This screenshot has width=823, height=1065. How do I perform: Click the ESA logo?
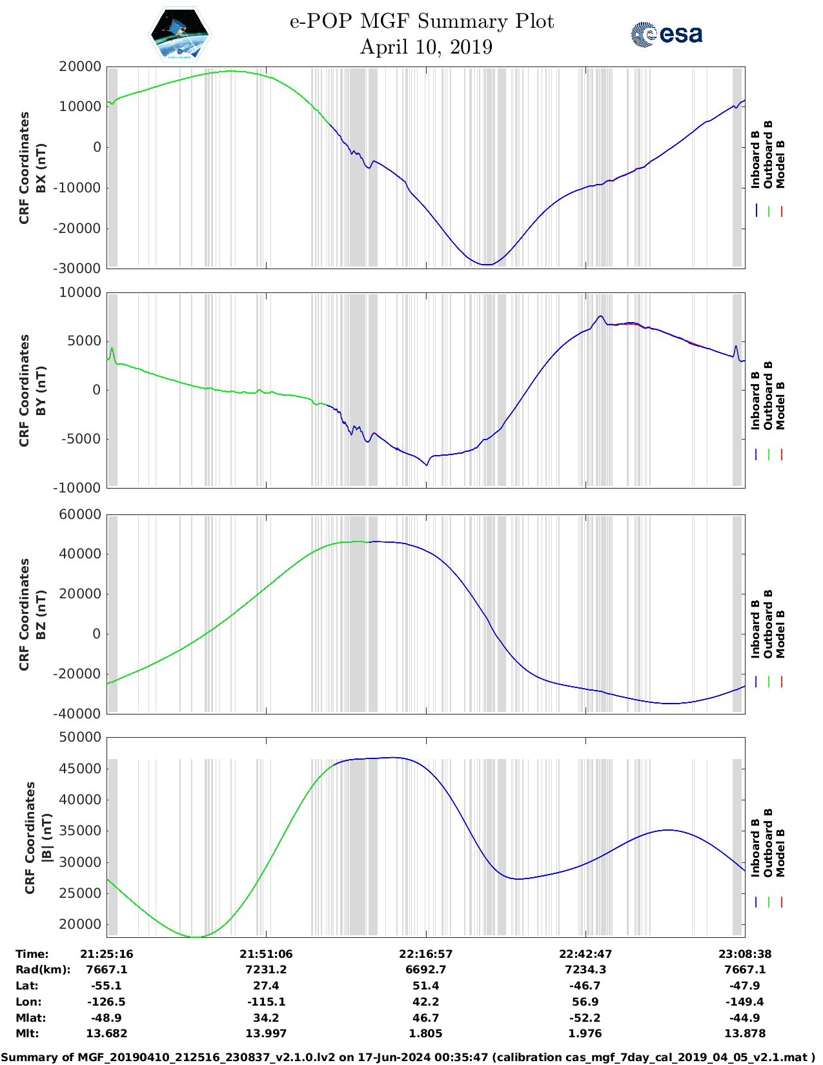[x=666, y=34]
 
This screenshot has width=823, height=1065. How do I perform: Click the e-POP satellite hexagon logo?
[x=179, y=34]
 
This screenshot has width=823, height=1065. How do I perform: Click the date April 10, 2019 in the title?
[x=426, y=47]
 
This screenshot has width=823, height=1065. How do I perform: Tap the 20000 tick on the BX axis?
[x=80, y=66]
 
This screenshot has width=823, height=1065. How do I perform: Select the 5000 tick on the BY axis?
[x=86, y=341]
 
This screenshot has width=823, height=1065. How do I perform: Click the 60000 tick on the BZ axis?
[x=80, y=514]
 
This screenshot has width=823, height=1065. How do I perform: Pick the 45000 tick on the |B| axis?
[x=80, y=768]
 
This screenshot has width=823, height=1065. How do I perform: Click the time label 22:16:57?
[x=425, y=954]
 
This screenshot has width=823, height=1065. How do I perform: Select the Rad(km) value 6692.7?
[x=425, y=969]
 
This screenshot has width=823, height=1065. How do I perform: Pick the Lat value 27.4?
[x=266, y=986]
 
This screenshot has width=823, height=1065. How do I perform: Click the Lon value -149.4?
[x=745, y=1002]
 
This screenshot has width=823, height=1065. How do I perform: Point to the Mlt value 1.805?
[x=425, y=1033]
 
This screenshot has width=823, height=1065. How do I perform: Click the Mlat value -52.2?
[x=585, y=1018]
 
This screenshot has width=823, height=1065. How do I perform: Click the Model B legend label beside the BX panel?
[x=780, y=164]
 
